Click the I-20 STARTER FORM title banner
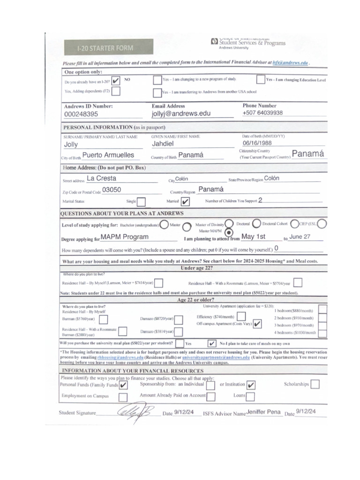click(106, 48)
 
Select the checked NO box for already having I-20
click(116, 81)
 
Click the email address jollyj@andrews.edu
click(181, 113)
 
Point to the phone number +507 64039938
click(262, 113)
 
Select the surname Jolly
click(71, 145)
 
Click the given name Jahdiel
click(163, 144)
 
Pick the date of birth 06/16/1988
click(257, 143)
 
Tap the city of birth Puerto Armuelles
click(108, 155)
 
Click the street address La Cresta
click(102, 178)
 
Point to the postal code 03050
click(112, 190)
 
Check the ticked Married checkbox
click(185, 202)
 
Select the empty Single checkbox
click(141, 202)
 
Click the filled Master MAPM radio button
click(228, 232)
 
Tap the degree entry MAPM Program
click(125, 237)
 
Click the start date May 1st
click(253, 237)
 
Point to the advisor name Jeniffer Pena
click(263, 412)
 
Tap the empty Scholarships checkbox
click(315, 384)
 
